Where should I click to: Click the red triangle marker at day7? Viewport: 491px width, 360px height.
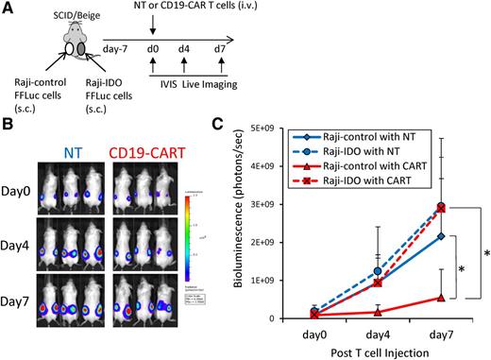[440, 297]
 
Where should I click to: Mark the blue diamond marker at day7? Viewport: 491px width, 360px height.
[440, 235]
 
